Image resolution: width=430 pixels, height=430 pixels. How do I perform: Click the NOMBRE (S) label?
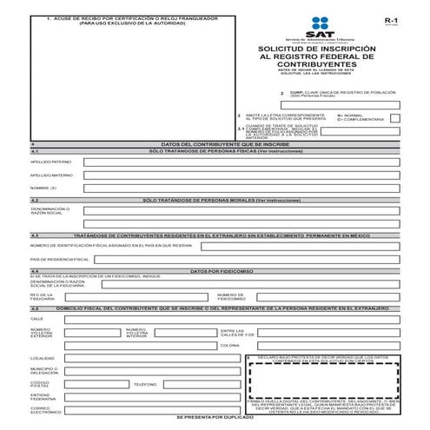coord(43,189)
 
